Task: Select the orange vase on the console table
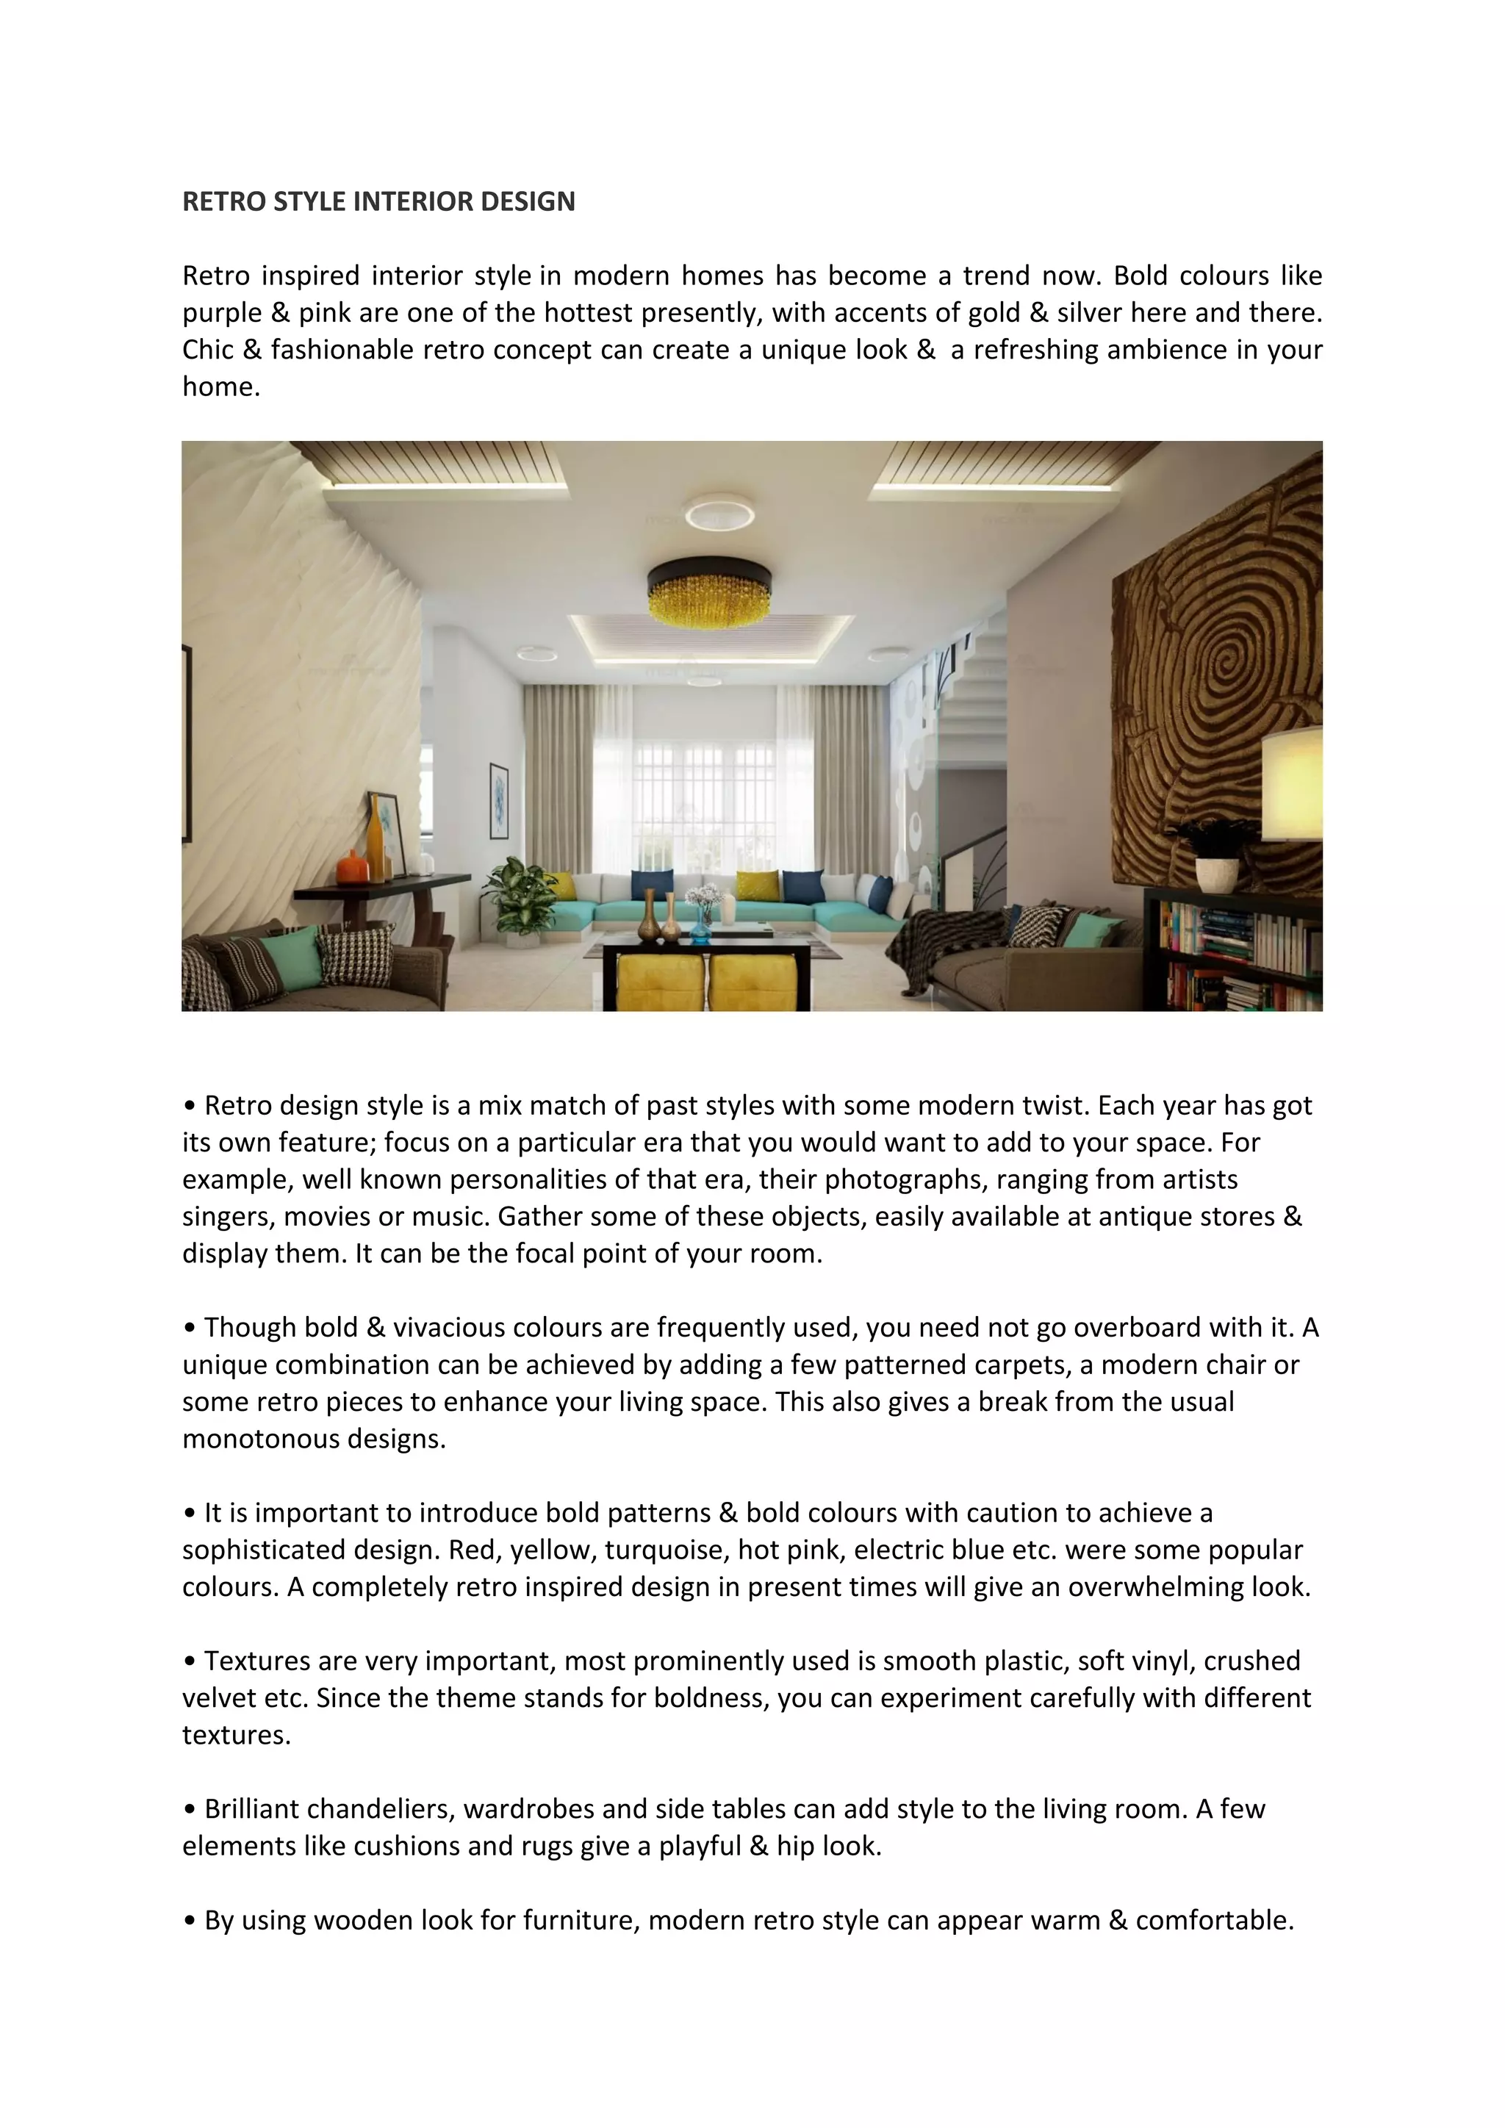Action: point(352,868)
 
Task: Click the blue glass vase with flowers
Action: point(702,919)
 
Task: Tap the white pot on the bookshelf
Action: point(1217,873)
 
